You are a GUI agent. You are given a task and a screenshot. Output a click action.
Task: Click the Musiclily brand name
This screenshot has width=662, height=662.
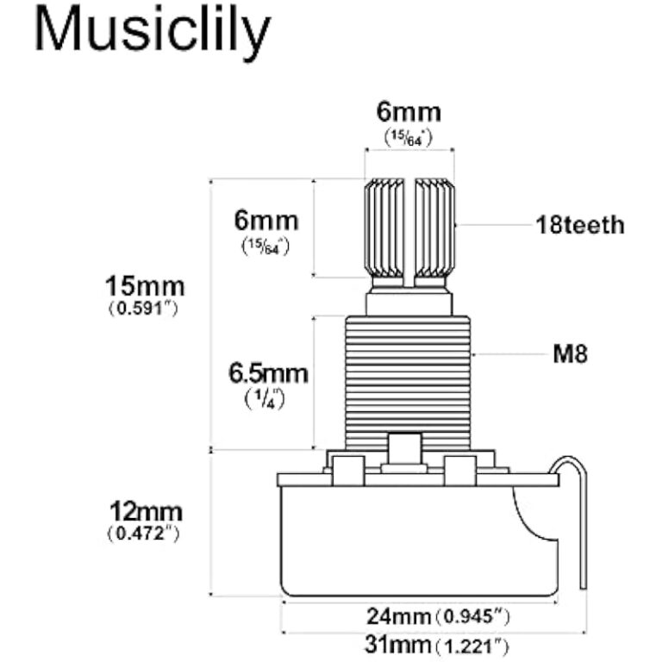pyautogui.click(x=152, y=33)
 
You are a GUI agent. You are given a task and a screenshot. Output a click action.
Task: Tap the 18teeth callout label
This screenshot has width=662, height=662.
pyautogui.click(x=579, y=226)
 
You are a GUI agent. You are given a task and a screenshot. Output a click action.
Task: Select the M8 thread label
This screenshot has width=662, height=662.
pyautogui.click(x=570, y=353)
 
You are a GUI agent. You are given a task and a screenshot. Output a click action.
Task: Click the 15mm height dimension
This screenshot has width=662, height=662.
pyautogui.click(x=144, y=284)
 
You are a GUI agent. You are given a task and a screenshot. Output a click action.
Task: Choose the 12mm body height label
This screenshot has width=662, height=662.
pyautogui.click(x=143, y=512)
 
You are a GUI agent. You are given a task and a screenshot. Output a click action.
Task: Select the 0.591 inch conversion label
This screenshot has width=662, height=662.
pyautogui.click(x=144, y=308)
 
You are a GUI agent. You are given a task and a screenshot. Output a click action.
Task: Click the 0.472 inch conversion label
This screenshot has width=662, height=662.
pyautogui.click(x=143, y=534)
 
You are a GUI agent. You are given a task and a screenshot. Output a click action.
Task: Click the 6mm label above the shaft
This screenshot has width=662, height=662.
pyautogui.click(x=409, y=113)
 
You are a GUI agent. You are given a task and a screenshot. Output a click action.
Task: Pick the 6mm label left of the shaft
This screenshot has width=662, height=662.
pyautogui.click(x=266, y=220)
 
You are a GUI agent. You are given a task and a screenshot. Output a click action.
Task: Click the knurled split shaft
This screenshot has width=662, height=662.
pyautogui.click(x=386, y=228)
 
